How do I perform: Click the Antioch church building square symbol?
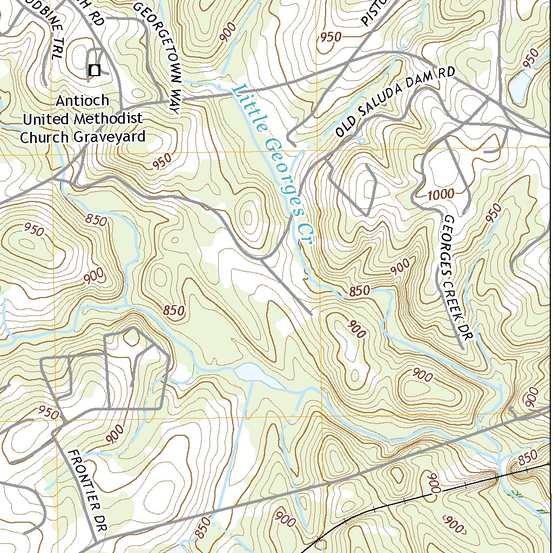95,70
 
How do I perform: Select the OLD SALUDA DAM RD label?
395,102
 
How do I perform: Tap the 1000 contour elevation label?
441,194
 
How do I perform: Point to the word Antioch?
82,100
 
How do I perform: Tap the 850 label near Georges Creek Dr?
359,291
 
